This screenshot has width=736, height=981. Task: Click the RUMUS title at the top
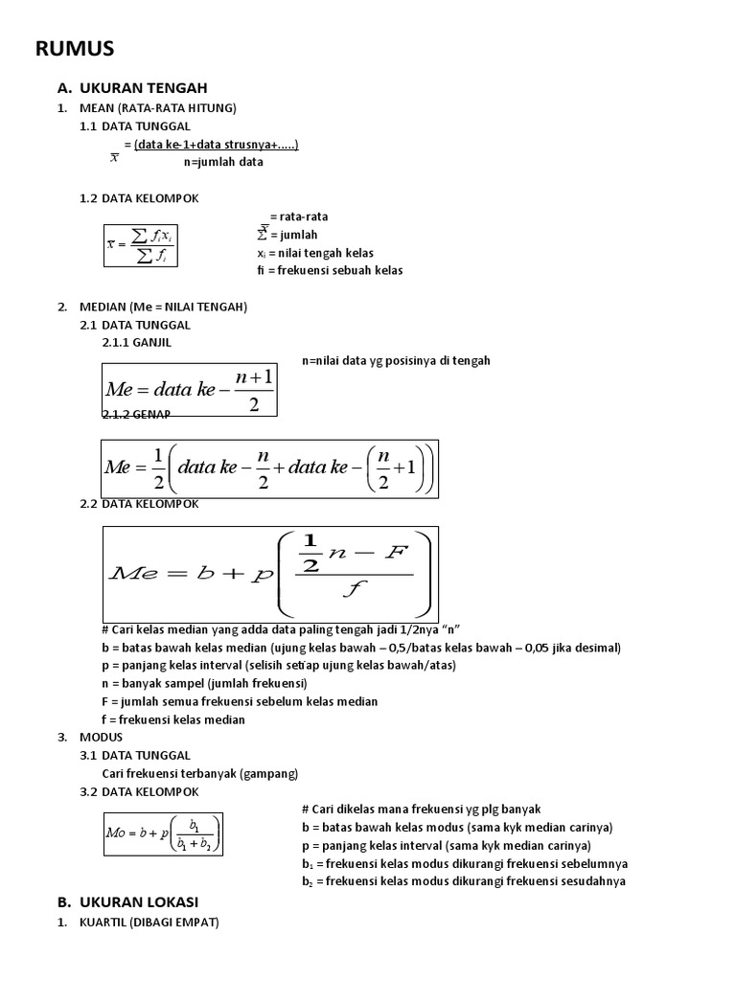[x=75, y=49]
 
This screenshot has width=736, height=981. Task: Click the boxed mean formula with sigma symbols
[x=141, y=245]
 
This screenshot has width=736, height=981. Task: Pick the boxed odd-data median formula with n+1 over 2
[x=190, y=389]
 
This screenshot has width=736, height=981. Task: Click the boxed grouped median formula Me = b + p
[x=270, y=573]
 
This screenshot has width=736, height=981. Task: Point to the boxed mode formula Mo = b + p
[x=163, y=834]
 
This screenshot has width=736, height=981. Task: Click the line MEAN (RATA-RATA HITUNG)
[x=158, y=108]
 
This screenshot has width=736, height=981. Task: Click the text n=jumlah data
[x=223, y=163]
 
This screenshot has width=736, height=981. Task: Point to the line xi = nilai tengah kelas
[x=315, y=253]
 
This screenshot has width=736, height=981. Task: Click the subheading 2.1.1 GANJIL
[x=137, y=342]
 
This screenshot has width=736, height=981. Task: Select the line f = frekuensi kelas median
[x=172, y=719]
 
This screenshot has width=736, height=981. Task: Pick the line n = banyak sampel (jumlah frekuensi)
[x=203, y=683]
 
